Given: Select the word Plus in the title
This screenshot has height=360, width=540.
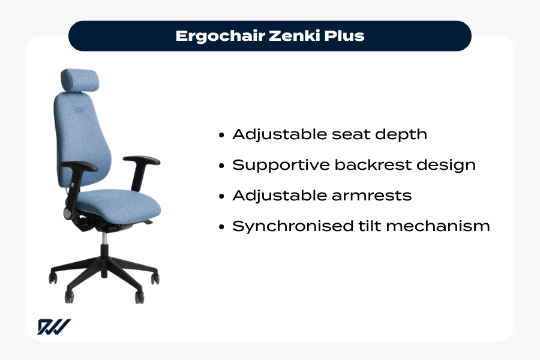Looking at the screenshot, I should (x=345, y=35).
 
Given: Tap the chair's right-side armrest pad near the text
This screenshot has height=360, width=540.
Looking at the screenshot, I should (x=142, y=161).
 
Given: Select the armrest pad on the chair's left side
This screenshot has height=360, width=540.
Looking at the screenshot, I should (x=79, y=166).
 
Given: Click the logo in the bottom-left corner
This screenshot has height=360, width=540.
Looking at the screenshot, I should (x=54, y=327).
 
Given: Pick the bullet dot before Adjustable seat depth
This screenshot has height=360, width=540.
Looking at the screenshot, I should (x=223, y=135).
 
